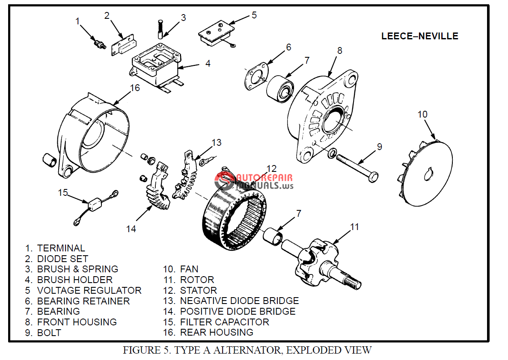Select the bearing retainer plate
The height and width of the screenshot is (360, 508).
pos(256,77)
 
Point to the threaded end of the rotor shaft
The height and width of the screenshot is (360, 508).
pos(354,283)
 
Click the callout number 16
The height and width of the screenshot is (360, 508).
pos(135,88)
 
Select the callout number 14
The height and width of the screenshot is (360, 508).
pos(131,229)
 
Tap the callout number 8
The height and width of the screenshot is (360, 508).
pos(339,50)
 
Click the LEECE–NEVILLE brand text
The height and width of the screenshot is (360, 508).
pos(419,36)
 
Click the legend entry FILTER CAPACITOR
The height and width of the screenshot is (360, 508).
pos(224,322)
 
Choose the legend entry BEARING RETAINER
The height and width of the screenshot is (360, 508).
pos(83,301)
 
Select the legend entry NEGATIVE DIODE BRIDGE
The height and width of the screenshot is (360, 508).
pos(239,301)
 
